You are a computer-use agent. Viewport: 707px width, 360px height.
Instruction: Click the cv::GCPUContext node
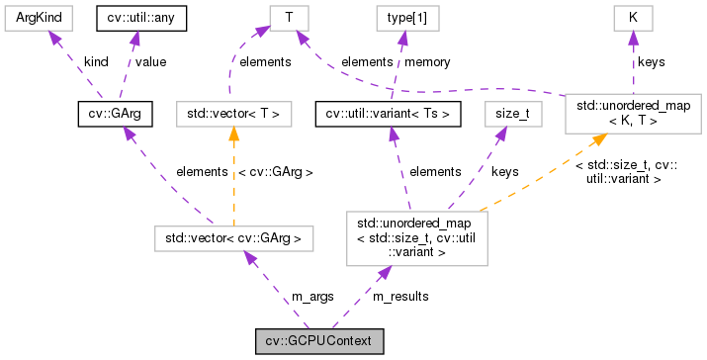click(318, 342)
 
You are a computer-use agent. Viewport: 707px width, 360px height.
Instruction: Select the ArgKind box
click(33, 17)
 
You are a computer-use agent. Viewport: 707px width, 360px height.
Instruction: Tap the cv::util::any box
click(139, 17)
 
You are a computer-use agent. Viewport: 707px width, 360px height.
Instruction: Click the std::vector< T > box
click(233, 114)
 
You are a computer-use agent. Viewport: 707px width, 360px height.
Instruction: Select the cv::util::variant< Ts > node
click(389, 114)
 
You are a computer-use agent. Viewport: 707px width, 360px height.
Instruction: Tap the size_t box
click(512, 114)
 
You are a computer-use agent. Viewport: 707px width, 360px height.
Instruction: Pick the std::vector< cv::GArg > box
click(233, 238)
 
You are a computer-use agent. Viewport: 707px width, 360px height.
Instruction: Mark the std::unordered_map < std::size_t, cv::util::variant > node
click(415, 238)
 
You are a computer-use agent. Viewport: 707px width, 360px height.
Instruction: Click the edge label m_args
click(311, 295)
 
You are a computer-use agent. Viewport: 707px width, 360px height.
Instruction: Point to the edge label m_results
click(400, 295)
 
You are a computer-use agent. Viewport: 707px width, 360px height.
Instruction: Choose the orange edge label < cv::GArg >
click(276, 171)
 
